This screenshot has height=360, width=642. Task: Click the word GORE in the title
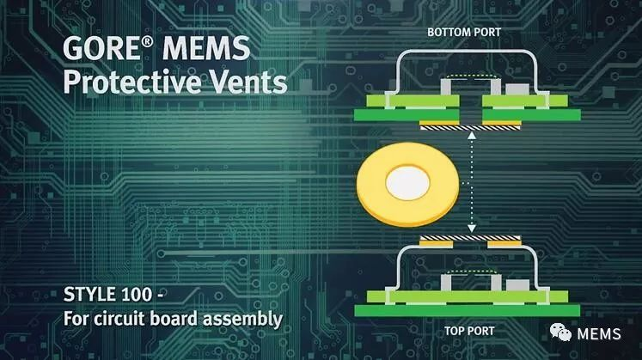point(101,49)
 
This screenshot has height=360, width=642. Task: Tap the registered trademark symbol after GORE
point(148,42)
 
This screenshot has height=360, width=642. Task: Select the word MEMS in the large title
point(206,49)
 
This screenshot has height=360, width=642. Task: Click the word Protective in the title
point(131,82)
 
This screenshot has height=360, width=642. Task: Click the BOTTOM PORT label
point(464,33)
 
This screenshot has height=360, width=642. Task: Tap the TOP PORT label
point(469,331)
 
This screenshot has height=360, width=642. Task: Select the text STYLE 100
point(108,295)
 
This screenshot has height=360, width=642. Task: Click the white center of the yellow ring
point(407,183)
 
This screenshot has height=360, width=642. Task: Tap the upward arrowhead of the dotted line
point(472,135)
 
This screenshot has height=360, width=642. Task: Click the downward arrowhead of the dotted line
point(472,229)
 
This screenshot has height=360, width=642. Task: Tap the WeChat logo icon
point(560,332)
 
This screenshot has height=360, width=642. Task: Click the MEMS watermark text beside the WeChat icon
point(599,334)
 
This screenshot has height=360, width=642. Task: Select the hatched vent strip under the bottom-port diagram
point(470,129)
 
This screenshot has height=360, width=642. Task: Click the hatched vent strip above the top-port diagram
point(470,238)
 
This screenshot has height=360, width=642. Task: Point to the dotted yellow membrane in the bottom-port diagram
point(472,76)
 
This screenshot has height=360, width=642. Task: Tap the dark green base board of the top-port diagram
point(468,310)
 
